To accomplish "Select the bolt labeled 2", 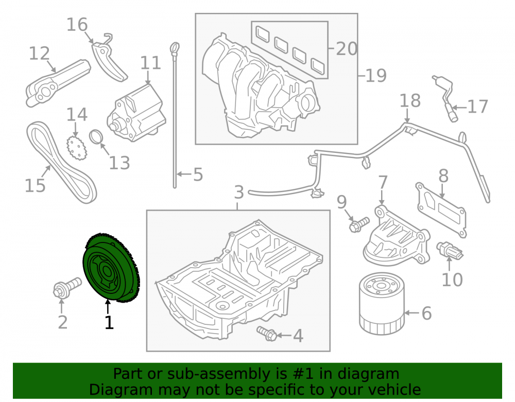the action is tap(67, 287).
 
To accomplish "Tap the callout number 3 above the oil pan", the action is tap(239, 193).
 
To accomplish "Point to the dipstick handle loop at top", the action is tap(175, 48).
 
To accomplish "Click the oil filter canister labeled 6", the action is tap(382, 304).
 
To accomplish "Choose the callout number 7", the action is tap(383, 182).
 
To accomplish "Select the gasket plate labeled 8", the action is tap(442, 209).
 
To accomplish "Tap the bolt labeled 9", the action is tap(359, 224).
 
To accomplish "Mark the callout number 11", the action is tap(151, 63).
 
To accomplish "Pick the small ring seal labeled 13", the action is tap(96, 136).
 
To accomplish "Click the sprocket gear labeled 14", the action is tap(76, 148).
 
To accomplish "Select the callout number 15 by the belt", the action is tap(35, 185).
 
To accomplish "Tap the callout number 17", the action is tap(477, 107).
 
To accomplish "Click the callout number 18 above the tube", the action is tap(410, 100).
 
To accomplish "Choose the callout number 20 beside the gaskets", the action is tap(347, 48).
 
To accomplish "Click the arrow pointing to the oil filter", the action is tap(413, 313).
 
